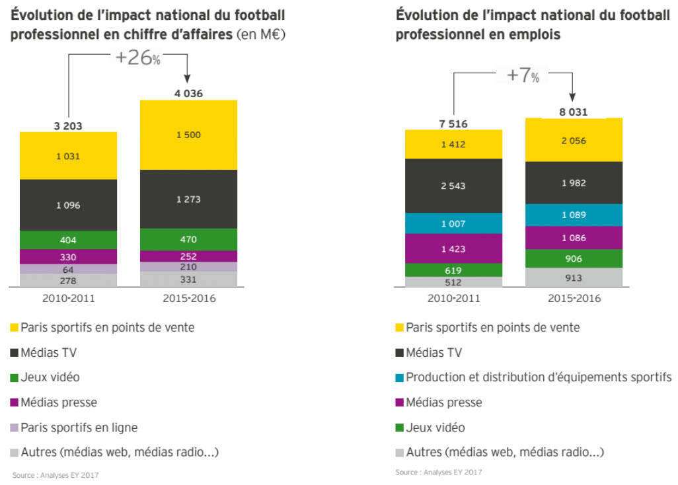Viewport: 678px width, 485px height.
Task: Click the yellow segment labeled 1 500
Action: (188, 135)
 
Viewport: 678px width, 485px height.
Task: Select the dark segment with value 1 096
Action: (68, 205)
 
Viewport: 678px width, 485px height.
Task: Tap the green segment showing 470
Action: (188, 239)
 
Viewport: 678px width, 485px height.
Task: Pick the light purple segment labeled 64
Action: (68, 269)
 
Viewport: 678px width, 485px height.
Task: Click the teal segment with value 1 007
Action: (453, 224)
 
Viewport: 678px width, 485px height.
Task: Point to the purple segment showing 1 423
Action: (453, 249)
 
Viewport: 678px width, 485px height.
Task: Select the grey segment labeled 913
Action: (574, 278)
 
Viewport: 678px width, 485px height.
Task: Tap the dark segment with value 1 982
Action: (574, 183)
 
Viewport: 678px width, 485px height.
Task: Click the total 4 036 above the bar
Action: (188, 93)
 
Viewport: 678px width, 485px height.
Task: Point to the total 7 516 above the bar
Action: (453, 123)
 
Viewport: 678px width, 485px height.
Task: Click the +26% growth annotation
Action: (137, 58)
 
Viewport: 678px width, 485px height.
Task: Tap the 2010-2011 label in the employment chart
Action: (453, 298)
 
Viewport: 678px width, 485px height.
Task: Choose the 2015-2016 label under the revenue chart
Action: (189, 298)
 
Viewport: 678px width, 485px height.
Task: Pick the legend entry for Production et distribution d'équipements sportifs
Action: (539, 377)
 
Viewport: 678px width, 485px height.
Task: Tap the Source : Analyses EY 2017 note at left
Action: (55, 474)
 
